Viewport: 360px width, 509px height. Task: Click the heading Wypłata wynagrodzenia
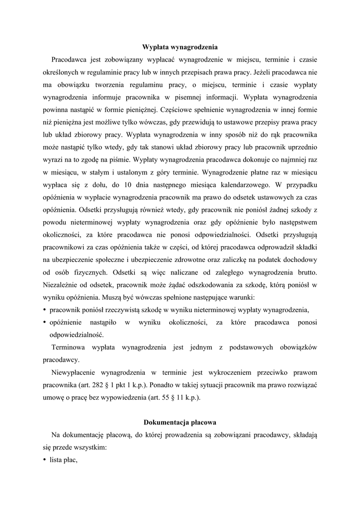click(180, 47)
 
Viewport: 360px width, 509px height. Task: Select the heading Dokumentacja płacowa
click(180, 423)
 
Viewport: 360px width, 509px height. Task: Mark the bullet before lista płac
click(45, 460)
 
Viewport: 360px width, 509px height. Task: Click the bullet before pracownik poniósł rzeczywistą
click(45, 310)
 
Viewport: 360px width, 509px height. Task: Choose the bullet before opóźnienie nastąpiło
click(45, 323)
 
